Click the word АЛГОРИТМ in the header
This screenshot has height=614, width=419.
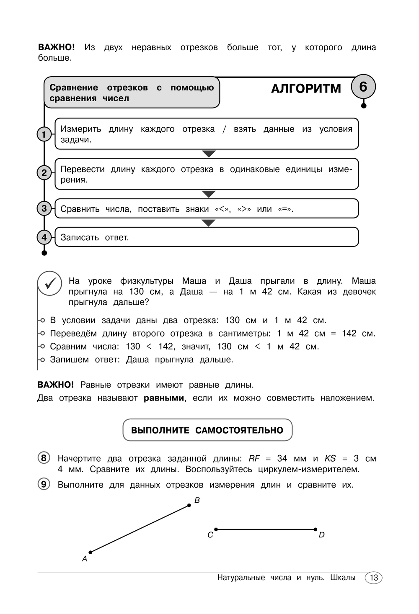point(306,89)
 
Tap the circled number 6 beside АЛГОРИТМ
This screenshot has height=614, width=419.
point(363,87)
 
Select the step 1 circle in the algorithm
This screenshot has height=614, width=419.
point(44,134)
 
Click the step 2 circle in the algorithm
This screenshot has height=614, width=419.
point(44,172)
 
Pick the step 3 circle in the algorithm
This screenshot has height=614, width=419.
point(44,208)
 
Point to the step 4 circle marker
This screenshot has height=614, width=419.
point(44,237)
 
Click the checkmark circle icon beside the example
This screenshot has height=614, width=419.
point(50,283)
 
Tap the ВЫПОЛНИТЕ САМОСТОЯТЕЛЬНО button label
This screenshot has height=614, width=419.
point(207,430)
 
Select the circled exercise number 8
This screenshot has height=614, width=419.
point(44,458)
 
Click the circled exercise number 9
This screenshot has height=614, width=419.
point(44,484)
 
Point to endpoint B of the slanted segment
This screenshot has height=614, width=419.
point(189,506)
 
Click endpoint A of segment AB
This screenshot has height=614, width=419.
point(91,552)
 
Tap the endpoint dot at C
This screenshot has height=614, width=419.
point(216,529)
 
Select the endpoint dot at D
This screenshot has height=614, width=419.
point(315,529)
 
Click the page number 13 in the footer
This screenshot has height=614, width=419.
point(374,578)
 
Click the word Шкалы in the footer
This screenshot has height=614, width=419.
point(343,578)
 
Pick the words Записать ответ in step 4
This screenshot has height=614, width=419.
point(95,237)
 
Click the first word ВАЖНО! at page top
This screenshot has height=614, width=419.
point(56,47)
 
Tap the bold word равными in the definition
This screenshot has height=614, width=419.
point(164,398)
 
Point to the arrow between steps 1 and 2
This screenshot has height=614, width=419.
point(209,154)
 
